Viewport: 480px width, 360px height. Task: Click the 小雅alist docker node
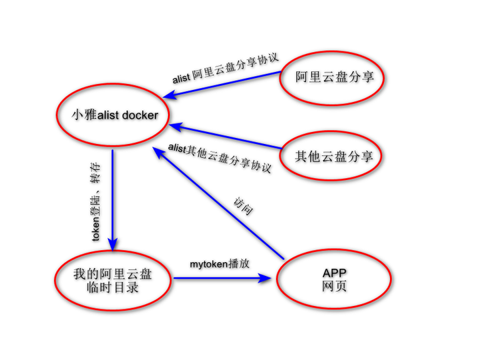[x=113, y=115]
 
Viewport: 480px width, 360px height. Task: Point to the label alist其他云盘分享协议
[x=220, y=157]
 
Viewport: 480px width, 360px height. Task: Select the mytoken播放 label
[x=220, y=263]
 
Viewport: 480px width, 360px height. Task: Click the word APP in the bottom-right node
[x=334, y=273]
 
